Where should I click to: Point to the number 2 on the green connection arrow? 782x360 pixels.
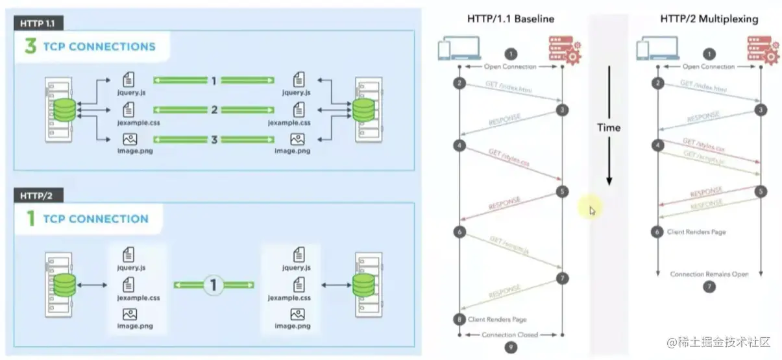(214, 110)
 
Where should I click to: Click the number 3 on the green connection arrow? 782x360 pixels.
(214, 138)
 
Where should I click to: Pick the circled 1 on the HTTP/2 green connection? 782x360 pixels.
(214, 284)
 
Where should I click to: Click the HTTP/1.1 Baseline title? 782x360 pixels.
(511, 19)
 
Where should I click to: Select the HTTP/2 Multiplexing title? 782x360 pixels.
(709, 19)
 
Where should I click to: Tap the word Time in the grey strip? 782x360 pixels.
(609, 128)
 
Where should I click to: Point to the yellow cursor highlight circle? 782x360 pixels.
(591, 209)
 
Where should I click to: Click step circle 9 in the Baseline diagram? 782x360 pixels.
(511, 347)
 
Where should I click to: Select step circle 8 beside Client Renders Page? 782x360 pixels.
(460, 319)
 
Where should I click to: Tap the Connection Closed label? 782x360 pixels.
(511, 335)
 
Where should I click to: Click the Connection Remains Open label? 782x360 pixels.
(709, 274)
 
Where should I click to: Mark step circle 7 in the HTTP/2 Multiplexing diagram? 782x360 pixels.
(709, 286)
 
